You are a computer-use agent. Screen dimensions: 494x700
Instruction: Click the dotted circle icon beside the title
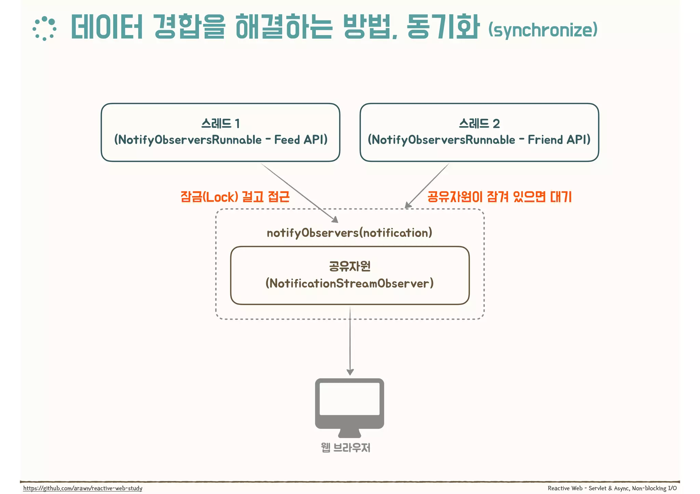tap(44, 29)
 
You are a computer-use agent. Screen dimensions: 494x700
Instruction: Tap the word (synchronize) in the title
tap(543, 30)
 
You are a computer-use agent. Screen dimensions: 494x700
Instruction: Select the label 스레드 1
tap(220, 123)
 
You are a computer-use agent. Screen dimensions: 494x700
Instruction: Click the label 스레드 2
tap(479, 123)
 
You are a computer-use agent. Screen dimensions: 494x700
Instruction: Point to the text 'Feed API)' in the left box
tap(301, 140)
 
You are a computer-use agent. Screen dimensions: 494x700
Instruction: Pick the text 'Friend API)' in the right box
tap(559, 140)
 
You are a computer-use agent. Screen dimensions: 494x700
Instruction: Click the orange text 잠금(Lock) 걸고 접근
tap(235, 197)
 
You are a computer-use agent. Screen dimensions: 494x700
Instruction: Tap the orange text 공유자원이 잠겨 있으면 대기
tap(499, 197)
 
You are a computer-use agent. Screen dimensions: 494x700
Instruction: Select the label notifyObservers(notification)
tap(349, 233)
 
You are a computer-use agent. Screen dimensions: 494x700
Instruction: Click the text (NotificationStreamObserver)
tap(349, 283)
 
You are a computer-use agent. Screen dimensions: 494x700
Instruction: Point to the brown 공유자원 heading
tap(350, 266)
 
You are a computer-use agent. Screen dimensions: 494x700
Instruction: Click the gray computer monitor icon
tap(349, 406)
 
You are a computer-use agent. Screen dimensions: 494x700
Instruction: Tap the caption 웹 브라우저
tap(346, 447)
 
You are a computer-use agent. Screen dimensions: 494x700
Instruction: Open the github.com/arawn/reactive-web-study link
tap(83, 488)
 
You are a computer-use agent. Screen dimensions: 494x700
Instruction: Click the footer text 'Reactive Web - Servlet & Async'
tap(588, 488)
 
